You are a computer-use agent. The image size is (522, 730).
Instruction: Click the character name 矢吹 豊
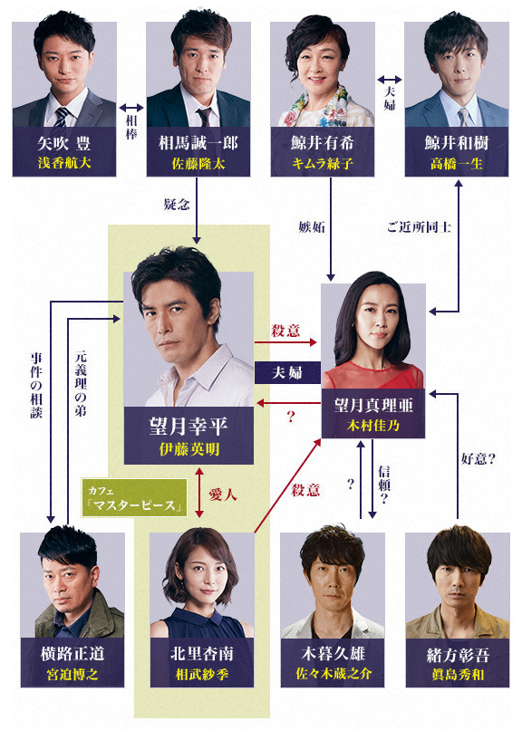pos(63,143)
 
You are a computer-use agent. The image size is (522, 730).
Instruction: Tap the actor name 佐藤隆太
pos(198,163)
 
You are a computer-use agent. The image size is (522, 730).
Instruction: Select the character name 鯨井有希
pos(323,142)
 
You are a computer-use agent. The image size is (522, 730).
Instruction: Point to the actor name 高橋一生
pos(457,163)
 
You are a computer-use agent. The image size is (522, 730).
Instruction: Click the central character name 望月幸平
pos(188,426)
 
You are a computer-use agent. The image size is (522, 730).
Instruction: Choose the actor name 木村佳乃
pos(373,425)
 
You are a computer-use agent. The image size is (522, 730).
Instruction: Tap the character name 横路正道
pos(72,654)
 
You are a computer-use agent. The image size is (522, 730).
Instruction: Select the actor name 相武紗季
pos(201,674)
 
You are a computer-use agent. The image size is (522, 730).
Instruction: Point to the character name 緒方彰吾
pos(458,655)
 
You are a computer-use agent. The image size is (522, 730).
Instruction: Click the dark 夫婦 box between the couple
pos(287,372)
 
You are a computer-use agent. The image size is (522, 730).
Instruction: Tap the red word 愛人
pos(222,495)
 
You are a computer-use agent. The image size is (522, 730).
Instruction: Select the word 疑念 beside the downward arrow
pos(177,204)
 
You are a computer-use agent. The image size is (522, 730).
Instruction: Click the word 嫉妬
pos(312,226)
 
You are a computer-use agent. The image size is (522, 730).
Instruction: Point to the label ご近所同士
pos(419,226)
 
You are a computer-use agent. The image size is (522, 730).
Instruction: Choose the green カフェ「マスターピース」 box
pos(134,497)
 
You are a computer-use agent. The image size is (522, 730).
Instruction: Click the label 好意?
pos(478,459)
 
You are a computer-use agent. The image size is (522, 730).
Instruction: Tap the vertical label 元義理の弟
pos(81,383)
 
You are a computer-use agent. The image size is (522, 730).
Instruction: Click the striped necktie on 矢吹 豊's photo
pos(61,117)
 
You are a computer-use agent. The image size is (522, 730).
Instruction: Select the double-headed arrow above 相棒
pos(131,108)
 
